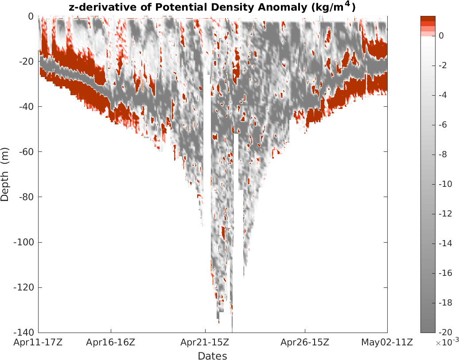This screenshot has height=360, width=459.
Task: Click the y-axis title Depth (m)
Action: (5, 174)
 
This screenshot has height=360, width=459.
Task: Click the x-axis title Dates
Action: (213, 356)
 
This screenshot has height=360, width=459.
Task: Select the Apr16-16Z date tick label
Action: (111, 342)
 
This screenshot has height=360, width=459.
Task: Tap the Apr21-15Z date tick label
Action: (205, 342)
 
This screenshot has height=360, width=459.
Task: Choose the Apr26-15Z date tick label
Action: (305, 342)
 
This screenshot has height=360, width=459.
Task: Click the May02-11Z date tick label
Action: (387, 342)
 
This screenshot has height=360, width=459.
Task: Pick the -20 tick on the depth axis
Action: (27, 62)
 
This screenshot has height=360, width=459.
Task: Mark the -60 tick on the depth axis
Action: (27, 152)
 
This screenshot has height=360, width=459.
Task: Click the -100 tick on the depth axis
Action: (25, 242)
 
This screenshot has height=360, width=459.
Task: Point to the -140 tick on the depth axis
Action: (25, 333)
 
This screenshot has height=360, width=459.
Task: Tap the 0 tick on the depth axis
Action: (31, 16)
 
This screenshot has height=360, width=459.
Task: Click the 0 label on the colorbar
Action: (441, 36)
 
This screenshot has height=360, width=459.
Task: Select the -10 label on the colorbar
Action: (444, 184)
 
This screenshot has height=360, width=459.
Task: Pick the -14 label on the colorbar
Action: (444, 244)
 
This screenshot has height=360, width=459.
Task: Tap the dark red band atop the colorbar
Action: (428, 18)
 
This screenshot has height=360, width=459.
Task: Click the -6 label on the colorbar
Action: (442, 125)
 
